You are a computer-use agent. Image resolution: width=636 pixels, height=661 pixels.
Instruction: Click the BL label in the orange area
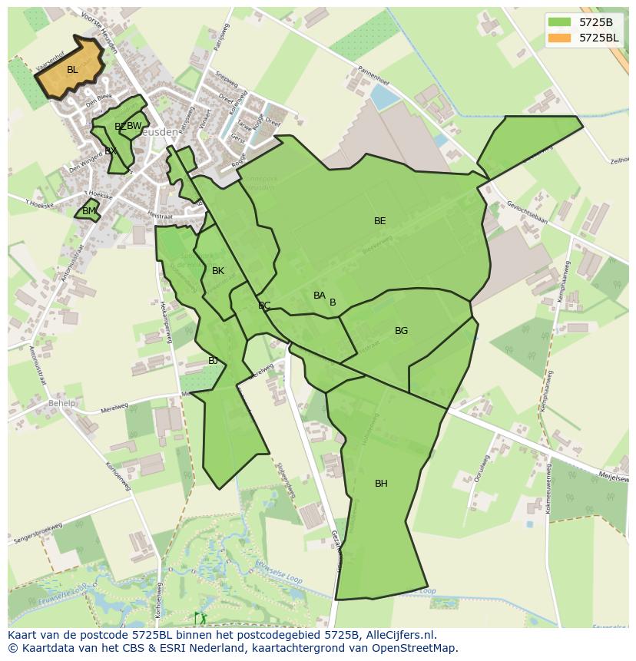pyautogui.click(x=72, y=70)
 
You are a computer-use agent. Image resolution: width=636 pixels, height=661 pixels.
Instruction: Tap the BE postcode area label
pyautogui.click(x=379, y=221)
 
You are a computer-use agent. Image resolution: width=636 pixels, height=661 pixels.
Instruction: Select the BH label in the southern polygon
pyautogui.click(x=381, y=484)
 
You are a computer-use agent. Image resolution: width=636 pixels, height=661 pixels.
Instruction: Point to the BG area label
pyautogui.click(x=401, y=331)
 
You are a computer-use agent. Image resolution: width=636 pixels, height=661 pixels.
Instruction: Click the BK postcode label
pyautogui.click(x=218, y=271)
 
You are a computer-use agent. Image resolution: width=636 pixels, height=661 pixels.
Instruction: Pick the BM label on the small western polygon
pyautogui.click(x=89, y=211)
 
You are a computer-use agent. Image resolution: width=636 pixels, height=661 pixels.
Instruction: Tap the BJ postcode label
pyautogui.click(x=213, y=361)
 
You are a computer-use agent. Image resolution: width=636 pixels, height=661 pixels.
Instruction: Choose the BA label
pyautogui.click(x=320, y=296)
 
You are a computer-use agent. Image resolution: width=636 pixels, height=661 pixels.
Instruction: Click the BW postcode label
pyautogui.click(x=134, y=126)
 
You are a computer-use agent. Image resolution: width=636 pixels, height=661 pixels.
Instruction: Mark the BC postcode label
pyautogui.click(x=264, y=306)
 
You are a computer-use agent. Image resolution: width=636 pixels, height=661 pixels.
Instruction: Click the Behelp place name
pyautogui.click(x=62, y=403)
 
